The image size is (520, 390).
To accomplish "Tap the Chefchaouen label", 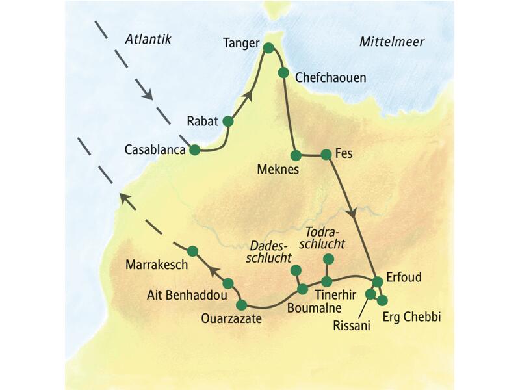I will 331,77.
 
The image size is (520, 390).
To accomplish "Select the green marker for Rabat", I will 227,121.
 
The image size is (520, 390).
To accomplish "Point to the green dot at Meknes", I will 296,155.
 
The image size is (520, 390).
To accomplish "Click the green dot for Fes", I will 326,155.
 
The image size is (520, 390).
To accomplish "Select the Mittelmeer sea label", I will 391,42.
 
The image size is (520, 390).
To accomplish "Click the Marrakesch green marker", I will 192,250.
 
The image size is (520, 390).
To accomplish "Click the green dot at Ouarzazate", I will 242,304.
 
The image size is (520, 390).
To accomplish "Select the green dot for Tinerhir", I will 326,281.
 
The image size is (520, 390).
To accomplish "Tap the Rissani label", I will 351,324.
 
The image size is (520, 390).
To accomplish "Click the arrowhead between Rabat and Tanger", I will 246,96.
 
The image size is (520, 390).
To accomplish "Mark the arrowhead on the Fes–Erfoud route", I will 353,213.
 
